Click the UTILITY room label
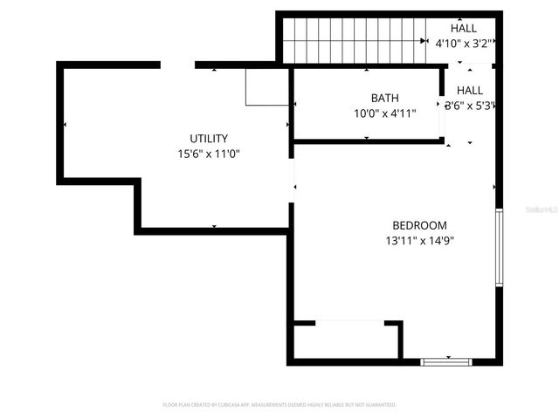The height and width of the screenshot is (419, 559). [209, 138]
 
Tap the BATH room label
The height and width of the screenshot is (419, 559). [384, 98]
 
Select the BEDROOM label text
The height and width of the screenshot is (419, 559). [419, 224]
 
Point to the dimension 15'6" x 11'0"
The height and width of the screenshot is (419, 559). [209, 154]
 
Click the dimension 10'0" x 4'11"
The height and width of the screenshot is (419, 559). [384, 113]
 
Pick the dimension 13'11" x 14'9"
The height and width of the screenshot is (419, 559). [419, 240]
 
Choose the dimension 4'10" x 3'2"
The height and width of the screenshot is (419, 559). [464, 43]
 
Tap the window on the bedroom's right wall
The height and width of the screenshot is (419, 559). [499, 247]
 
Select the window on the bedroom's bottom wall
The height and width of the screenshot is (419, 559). [446, 361]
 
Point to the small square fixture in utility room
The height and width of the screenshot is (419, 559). [266, 86]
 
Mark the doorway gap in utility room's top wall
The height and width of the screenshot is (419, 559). [177, 65]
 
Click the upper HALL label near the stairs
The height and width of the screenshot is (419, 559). [464, 28]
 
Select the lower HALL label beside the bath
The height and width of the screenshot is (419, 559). [470, 90]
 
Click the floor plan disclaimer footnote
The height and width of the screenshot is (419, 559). [279, 405]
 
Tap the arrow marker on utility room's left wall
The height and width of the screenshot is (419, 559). [64, 125]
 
